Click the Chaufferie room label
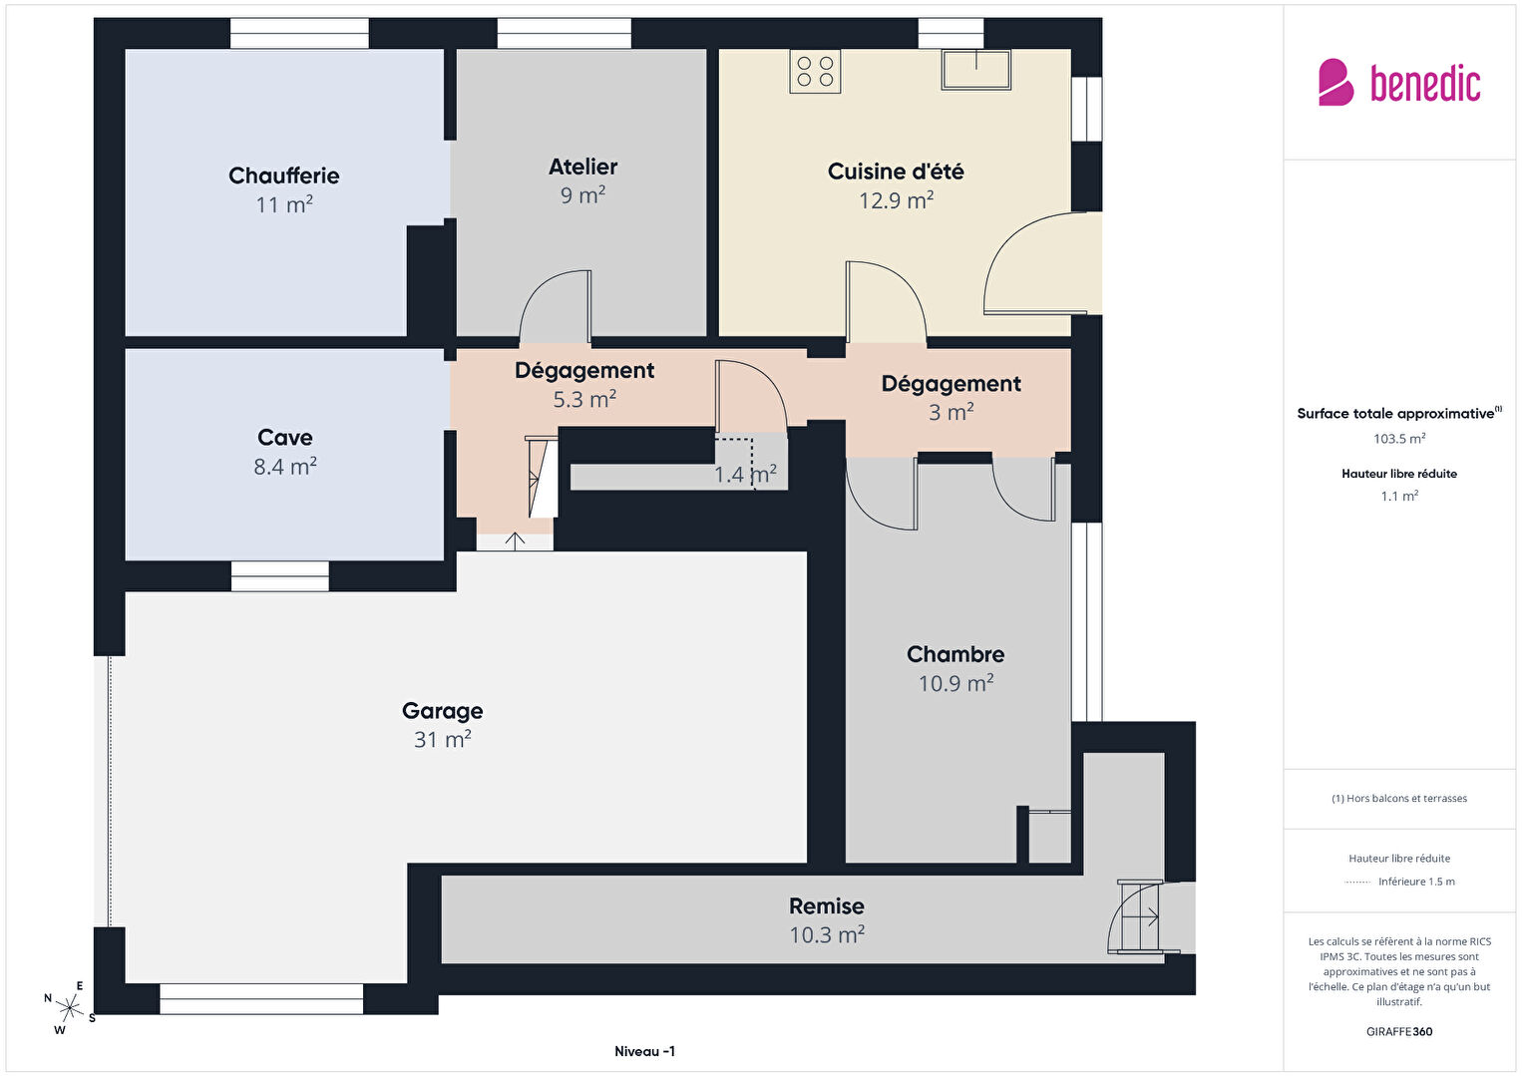click(283, 176)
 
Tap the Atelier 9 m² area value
click(583, 195)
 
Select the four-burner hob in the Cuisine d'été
click(816, 72)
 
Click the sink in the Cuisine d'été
click(976, 69)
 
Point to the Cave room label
click(284, 438)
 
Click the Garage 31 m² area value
click(443, 739)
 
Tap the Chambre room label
click(955, 654)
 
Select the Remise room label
click(826, 906)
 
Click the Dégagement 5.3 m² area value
click(584, 399)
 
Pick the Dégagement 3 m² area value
click(951, 412)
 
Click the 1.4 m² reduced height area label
click(745, 474)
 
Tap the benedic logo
click(1399, 83)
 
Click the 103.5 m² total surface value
click(1399, 439)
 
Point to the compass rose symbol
click(69, 1007)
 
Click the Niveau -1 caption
click(644, 1051)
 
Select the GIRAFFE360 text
click(1399, 1032)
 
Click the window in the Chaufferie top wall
click(299, 33)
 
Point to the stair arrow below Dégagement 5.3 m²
click(515, 541)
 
